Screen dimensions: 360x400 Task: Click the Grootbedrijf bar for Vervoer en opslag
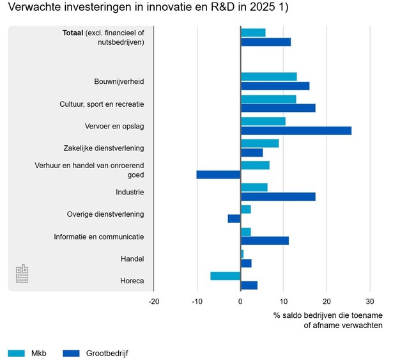[x=296, y=130]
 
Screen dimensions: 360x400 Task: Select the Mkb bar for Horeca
[x=226, y=276]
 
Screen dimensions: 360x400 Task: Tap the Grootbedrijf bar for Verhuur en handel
[x=219, y=175]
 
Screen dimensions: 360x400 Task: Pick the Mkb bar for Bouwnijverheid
[x=268, y=77]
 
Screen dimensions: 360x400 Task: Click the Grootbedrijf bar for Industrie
[x=278, y=196]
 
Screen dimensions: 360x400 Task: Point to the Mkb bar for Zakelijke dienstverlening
[x=259, y=143]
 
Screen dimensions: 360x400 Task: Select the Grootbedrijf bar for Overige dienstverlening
[x=234, y=219]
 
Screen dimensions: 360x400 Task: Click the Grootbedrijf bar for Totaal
[x=265, y=42]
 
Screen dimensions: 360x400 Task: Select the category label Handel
[x=132, y=259]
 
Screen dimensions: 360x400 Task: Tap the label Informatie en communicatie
[x=98, y=237]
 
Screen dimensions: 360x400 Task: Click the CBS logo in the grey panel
[x=22, y=274]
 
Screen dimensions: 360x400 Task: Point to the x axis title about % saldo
[x=328, y=320]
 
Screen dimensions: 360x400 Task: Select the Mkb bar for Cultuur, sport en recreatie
[x=268, y=99]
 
